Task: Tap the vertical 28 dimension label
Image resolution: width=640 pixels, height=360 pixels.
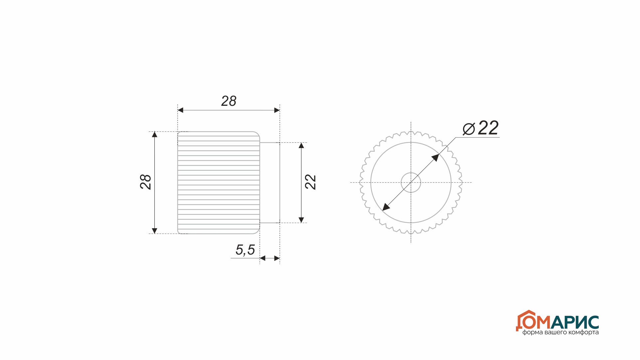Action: coord(146,182)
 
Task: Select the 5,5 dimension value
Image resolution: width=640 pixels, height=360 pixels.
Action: coord(245,250)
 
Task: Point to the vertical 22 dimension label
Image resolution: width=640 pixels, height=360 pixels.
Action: coord(310,182)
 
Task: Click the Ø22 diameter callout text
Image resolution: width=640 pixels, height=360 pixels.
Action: coord(481,128)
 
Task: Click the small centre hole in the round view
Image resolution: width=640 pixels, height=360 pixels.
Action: coord(411,173)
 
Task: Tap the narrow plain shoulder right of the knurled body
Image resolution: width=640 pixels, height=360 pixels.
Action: coord(270,183)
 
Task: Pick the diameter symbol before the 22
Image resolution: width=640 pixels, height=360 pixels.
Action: coord(469,129)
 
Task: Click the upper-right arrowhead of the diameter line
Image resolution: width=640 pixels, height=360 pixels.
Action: coord(435,158)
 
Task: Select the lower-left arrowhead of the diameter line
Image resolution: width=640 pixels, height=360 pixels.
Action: coord(386,207)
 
